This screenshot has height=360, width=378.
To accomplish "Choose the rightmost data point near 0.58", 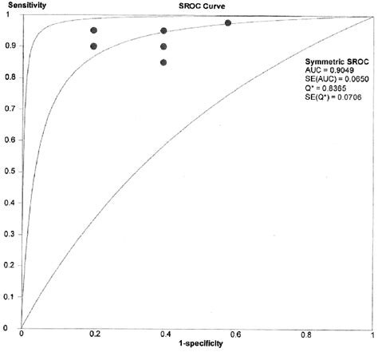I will [228, 22].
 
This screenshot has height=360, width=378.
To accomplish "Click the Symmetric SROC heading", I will [335, 61].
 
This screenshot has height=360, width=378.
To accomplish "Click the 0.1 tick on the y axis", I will [7, 296].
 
